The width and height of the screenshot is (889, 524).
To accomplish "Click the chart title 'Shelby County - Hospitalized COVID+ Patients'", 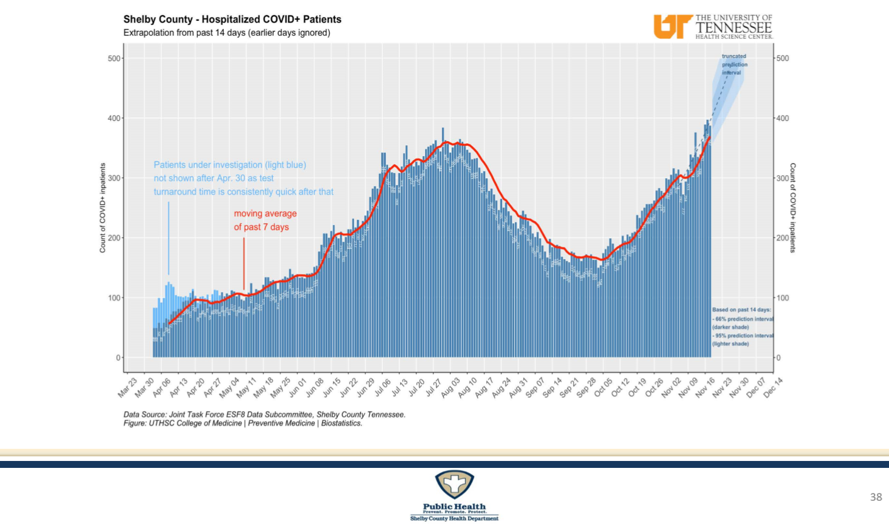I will click(x=232, y=19).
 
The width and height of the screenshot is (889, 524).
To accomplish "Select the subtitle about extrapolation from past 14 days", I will click(x=227, y=33).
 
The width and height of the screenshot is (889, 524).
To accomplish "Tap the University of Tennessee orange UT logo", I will click(x=672, y=27).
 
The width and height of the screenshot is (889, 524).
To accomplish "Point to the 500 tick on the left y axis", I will click(x=114, y=58).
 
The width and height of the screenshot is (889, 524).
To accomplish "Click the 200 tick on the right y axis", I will click(x=783, y=238).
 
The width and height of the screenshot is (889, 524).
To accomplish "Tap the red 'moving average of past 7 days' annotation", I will click(x=265, y=220).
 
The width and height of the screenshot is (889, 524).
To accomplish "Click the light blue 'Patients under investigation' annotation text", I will click(x=244, y=178).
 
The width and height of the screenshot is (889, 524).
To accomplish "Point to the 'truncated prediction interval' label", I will click(x=734, y=64).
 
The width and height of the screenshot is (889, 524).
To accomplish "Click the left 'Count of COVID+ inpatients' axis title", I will click(x=103, y=208).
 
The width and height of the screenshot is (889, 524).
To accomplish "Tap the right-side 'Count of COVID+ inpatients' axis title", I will click(x=792, y=208).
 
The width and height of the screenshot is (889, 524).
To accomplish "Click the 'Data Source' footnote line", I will click(x=264, y=415).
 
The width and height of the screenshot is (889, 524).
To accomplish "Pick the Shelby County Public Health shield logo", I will click(x=454, y=484).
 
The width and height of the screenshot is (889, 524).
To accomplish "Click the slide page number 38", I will click(x=876, y=497).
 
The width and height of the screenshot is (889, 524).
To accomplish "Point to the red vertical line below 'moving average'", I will click(x=244, y=263).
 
